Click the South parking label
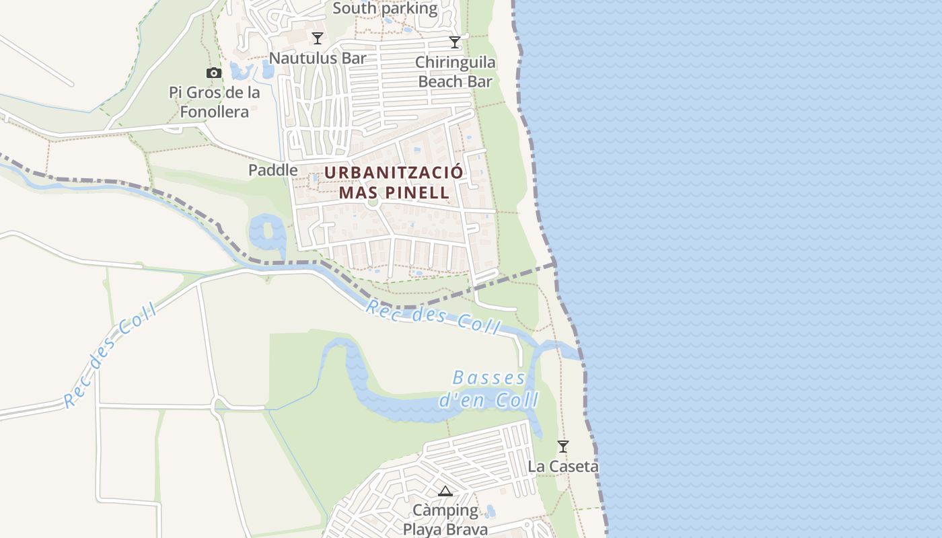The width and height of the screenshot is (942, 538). [x=385, y=9]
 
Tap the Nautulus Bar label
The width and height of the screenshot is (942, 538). [x=318, y=58]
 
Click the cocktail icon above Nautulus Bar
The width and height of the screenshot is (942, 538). [x=318, y=38]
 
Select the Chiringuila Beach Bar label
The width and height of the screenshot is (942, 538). [x=455, y=72]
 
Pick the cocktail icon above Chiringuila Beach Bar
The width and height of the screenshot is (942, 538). [x=455, y=42]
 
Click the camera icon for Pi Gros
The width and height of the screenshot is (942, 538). [x=214, y=73]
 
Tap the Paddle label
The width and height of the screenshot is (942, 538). [x=273, y=170]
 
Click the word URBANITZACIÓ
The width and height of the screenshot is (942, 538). [x=394, y=172]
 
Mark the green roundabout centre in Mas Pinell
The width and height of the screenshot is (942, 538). [x=374, y=202]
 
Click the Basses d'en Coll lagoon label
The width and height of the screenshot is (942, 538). [x=489, y=389]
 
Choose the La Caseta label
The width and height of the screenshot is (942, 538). [x=563, y=466]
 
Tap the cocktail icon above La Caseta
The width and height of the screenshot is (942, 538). [x=563, y=446]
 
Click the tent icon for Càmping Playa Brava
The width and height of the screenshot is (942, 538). [x=445, y=492]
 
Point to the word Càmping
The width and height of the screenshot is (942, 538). [x=445, y=510]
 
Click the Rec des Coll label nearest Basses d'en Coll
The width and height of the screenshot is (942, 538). [x=433, y=316]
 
